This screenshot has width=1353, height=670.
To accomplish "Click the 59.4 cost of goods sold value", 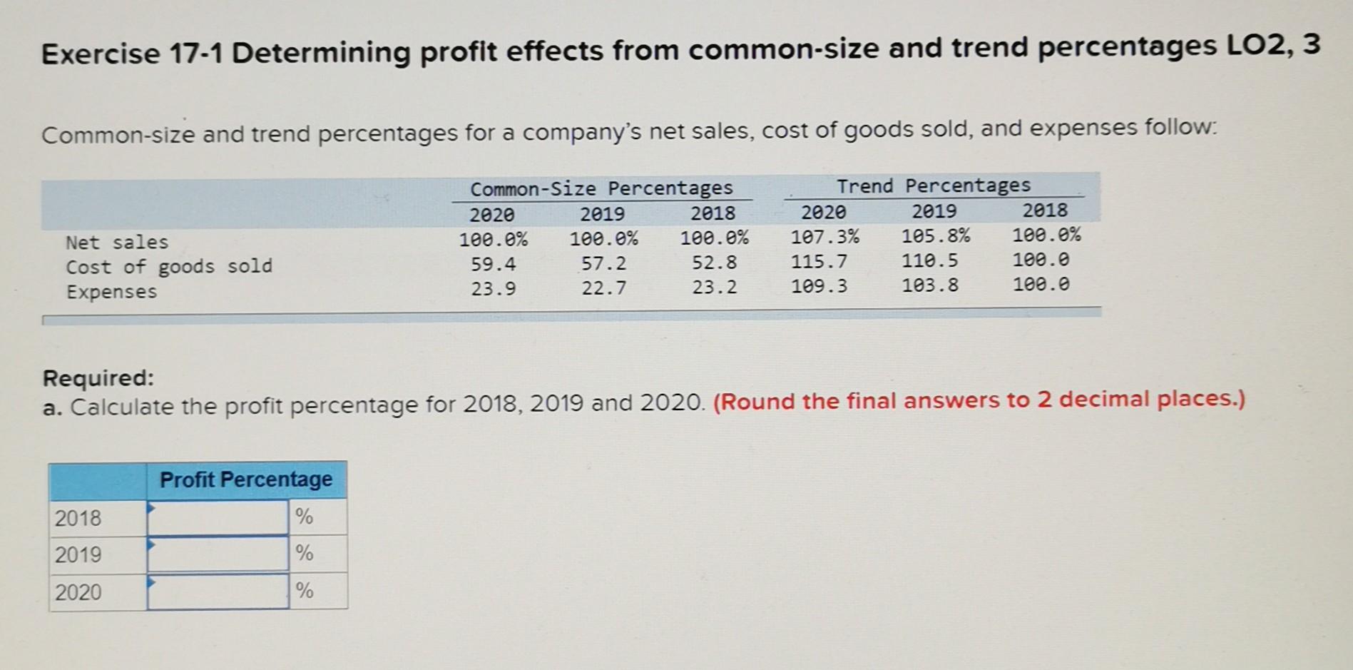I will [493, 264].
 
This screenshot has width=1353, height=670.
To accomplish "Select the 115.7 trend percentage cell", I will [819, 261].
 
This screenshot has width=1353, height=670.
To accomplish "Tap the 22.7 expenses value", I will [603, 288].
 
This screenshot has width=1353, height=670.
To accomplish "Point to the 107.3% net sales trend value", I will [824, 236].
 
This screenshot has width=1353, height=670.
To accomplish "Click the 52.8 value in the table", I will [714, 263].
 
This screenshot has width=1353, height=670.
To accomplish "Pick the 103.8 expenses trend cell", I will [929, 286].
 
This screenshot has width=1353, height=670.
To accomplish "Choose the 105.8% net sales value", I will [935, 235].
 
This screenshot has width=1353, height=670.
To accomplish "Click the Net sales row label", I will [117, 243].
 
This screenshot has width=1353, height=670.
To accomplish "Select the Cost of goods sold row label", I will [169, 267].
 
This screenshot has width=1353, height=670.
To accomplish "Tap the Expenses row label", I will [111, 292].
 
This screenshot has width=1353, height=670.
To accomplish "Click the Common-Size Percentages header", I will [601, 188].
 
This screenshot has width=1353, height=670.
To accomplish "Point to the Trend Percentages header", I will [933, 186].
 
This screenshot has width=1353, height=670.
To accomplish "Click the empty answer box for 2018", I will [218, 517].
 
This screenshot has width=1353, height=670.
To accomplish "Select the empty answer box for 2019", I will [218, 554].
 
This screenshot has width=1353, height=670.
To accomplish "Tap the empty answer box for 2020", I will [218, 592].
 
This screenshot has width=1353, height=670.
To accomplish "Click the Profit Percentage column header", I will [246, 479].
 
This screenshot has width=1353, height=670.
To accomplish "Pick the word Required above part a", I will [98, 377].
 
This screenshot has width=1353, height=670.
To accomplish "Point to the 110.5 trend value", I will [929, 261].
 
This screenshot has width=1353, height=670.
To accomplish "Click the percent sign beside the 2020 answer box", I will [305, 591].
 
